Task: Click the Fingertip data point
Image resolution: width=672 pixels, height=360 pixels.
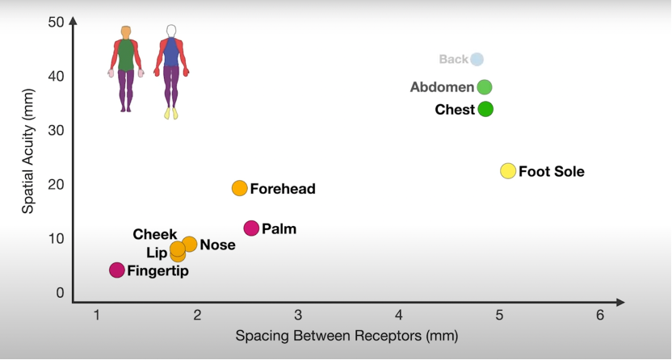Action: (x=117, y=270)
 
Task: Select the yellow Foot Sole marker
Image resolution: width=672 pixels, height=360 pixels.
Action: (x=508, y=171)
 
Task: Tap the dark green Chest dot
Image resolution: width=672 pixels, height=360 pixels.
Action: (x=485, y=109)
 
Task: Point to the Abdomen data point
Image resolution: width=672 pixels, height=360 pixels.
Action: (x=484, y=87)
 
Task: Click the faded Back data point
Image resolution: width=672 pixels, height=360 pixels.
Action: (x=477, y=59)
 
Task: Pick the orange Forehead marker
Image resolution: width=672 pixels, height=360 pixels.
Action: (x=239, y=188)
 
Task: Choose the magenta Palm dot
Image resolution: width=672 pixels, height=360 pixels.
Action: (x=251, y=228)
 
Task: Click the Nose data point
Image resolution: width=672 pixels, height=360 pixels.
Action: (x=189, y=244)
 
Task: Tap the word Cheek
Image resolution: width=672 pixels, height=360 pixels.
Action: (x=155, y=235)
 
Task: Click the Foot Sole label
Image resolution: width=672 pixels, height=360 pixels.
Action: (x=552, y=172)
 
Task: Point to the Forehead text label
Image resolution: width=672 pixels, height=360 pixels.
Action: (x=283, y=190)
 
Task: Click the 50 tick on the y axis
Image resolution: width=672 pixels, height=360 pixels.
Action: (x=56, y=22)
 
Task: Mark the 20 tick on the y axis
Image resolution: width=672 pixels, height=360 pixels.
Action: (x=56, y=184)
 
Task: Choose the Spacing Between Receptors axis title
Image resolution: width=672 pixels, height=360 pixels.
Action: (x=346, y=336)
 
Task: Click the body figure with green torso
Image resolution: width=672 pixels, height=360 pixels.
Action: (x=125, y=69)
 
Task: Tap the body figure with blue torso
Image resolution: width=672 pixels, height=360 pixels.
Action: (x=170, y=71)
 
